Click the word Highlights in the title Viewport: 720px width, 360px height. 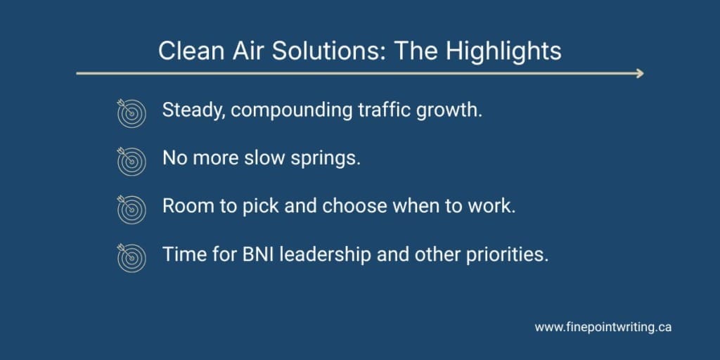(x=503, y=51)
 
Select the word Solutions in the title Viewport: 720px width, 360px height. (x=326, y=51)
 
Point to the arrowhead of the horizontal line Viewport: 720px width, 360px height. (x=640, y=73)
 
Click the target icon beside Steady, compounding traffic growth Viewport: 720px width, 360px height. (x=131, y=113)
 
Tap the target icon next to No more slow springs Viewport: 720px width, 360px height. (x=131, y=161)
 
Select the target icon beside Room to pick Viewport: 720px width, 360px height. (x=131, y=209)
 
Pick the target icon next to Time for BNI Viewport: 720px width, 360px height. (x=131, y=257)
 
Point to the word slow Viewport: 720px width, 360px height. (x=269, y=158)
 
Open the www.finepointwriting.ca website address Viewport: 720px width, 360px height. (x=603, y=328)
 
